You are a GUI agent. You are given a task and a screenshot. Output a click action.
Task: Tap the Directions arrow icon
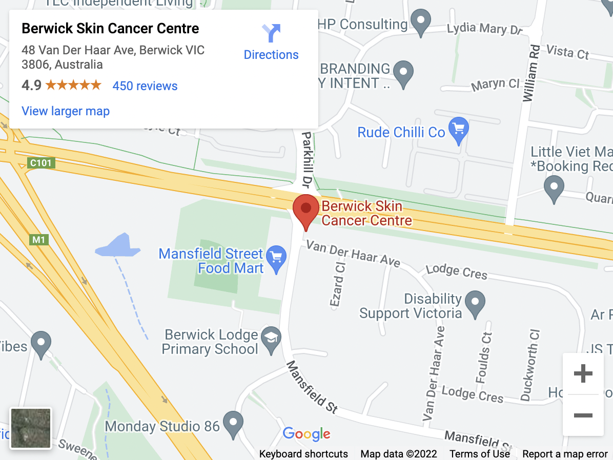271,33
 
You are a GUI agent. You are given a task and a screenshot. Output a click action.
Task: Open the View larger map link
66,111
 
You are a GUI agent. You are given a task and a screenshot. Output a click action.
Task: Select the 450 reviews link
145,86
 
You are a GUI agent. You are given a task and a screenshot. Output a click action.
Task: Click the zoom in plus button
583,374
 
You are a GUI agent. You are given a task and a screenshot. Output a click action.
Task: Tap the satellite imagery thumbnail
31,428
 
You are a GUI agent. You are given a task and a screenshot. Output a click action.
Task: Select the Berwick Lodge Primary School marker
271,340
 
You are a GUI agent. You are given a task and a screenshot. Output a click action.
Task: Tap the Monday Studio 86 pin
235,424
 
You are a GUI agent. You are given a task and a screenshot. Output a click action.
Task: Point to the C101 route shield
41,163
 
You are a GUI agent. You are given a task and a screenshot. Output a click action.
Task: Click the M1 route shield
38,239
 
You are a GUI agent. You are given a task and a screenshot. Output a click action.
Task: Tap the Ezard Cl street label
338,284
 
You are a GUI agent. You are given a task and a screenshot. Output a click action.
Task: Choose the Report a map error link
565,454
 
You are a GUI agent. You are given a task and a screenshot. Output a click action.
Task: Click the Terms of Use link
480,454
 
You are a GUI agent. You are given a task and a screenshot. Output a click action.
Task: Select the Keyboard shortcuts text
303,454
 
